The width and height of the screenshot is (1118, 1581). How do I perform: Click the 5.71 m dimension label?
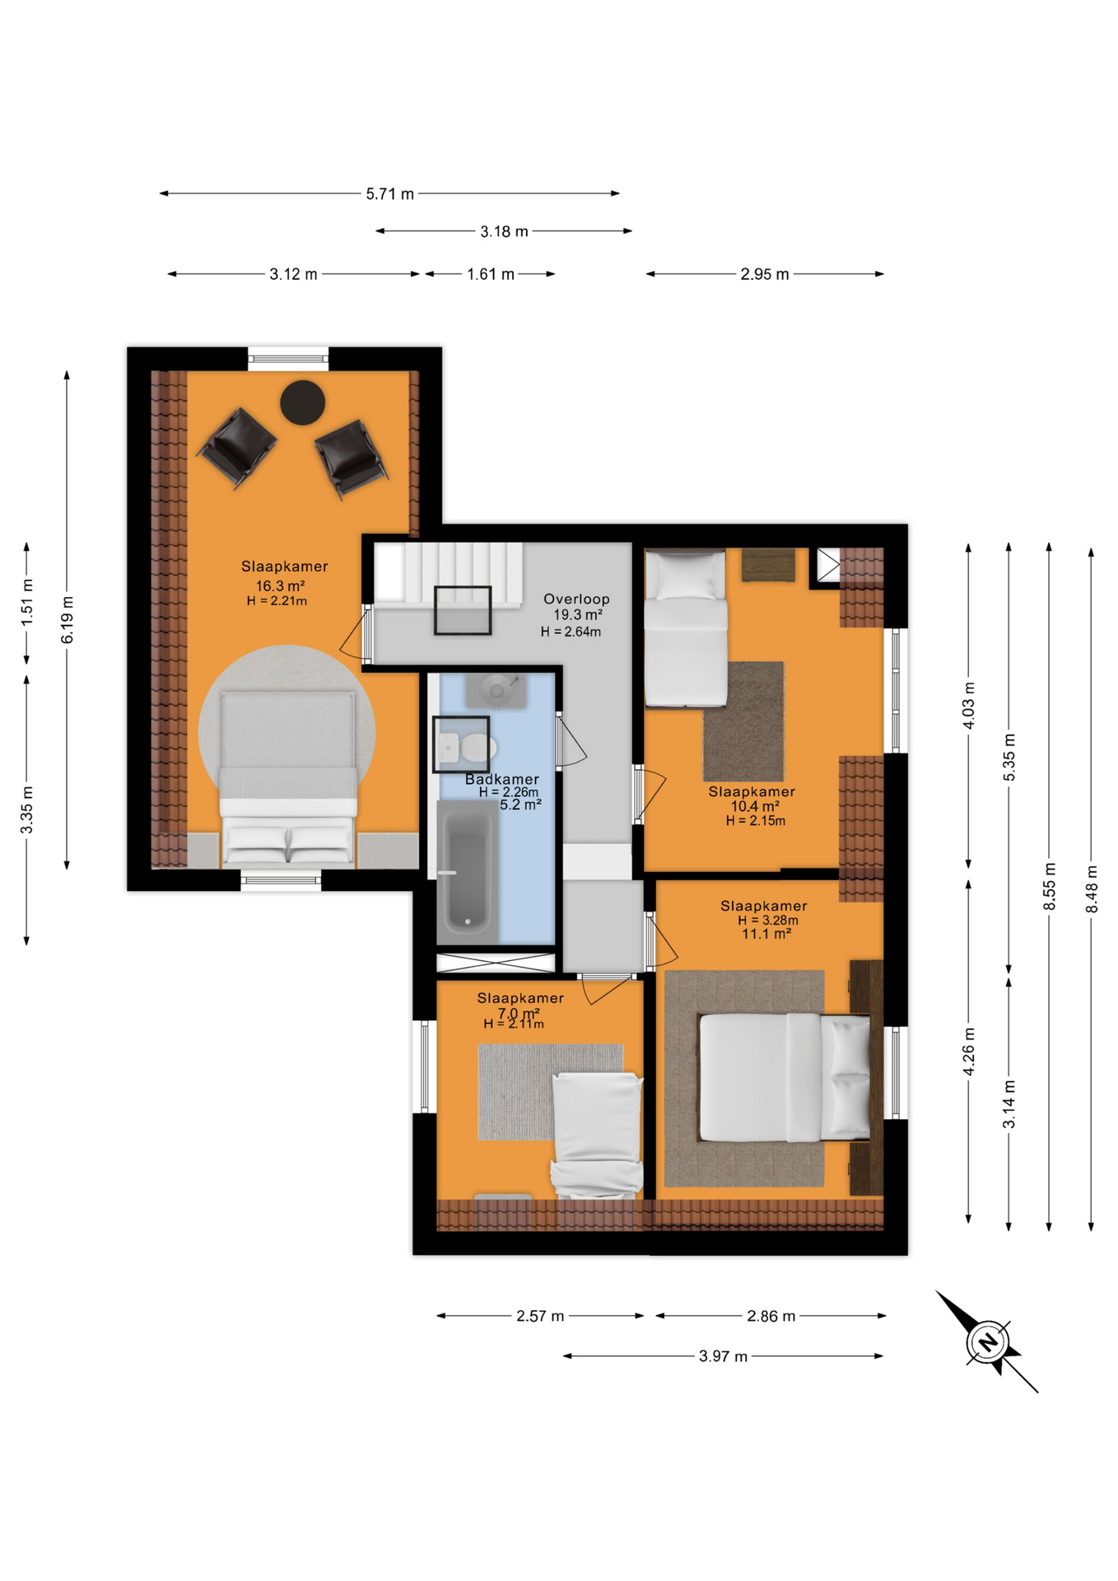tap(390, 194)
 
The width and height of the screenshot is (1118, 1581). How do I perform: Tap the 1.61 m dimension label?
tap(491, 274)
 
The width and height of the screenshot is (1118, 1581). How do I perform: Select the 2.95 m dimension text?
tap(764, 274)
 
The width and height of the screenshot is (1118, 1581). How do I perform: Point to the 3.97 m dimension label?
tap(723, 1356)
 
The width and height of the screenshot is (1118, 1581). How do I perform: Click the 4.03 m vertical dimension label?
tap(969, 706)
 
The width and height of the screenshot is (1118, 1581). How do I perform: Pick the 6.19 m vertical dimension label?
tap(68, 620)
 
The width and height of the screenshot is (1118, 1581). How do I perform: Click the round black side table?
tap(302, 403)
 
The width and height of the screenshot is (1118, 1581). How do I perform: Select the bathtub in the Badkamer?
tap(468, 873)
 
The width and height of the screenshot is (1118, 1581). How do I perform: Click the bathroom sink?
tap(496, 690)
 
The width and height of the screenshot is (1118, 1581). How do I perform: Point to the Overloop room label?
tap(576, 599)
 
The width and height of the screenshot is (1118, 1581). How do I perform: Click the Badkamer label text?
tap(502, 779)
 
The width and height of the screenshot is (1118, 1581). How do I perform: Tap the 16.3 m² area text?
tap(280, 586)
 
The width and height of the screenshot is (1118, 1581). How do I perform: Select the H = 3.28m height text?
tap(768, 921)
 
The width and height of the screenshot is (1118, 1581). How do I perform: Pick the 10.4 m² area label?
tap(755, 807)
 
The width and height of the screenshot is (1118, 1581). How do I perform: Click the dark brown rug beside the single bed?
tap(743, 721)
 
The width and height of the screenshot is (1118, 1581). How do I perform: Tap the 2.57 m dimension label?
tap(540, 1317)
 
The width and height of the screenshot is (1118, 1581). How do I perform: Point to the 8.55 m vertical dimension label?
tap(1050, 887)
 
